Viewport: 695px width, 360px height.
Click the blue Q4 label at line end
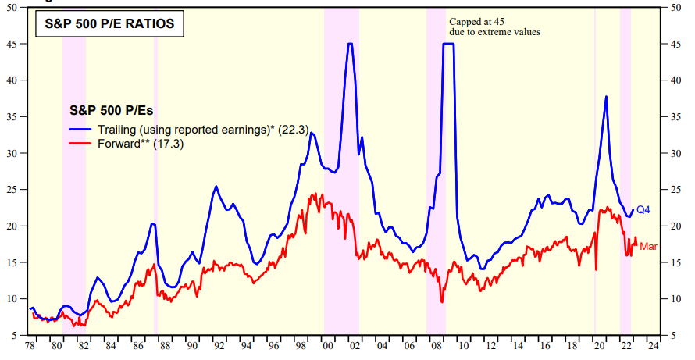[x=643, y=209]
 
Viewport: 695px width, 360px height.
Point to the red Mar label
[x=648, y=247]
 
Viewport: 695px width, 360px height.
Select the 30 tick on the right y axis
[x=676, y=153]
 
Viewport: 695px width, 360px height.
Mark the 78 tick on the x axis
[x=30, y=345]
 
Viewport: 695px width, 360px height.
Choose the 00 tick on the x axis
[x=328, y=345]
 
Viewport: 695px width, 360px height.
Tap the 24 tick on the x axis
[x=651, y=345]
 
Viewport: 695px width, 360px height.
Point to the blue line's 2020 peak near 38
[x=606, y=97]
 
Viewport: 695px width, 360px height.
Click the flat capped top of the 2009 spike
[x=448, y=44]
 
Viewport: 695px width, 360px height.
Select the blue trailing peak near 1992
[x=216, y=187]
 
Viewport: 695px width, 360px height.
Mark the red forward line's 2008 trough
[x=442, y=301]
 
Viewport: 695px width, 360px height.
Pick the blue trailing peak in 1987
[x=153, y=223]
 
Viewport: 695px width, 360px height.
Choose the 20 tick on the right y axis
[x=676, y=226]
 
